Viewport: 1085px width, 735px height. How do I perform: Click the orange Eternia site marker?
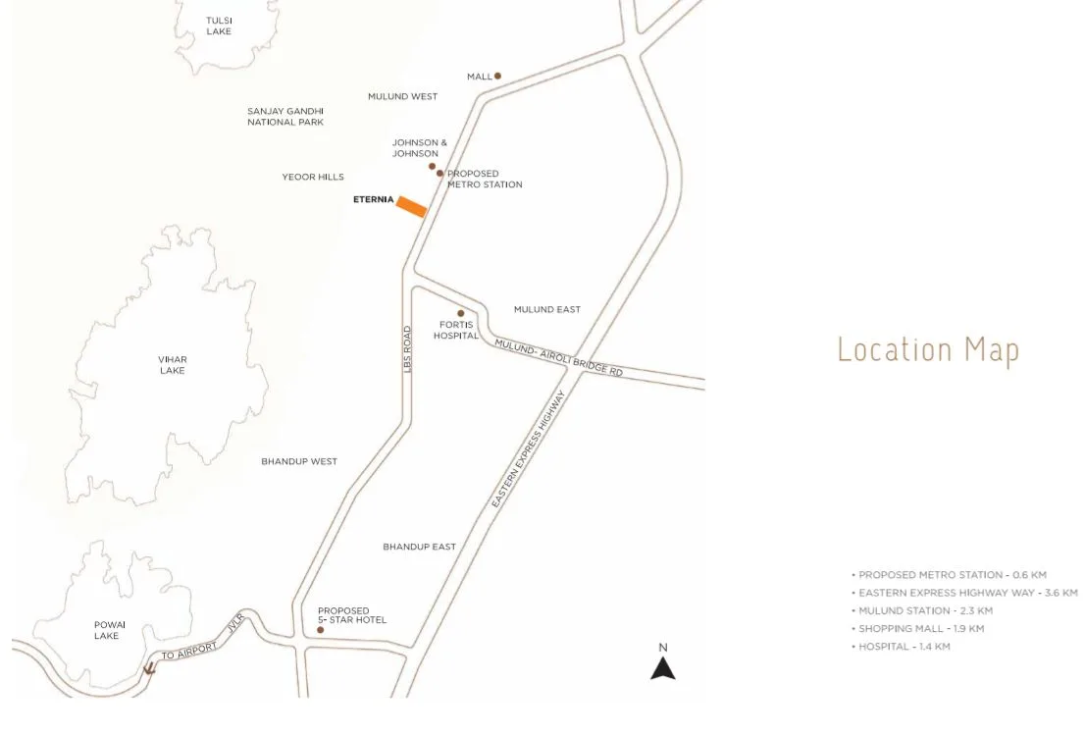(x=411, y=207)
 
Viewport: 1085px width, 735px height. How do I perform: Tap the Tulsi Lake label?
(x=219, y=26)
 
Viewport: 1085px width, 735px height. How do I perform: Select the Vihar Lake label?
(x=173, y=365)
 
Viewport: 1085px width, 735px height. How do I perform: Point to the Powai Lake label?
(x=109, y=630)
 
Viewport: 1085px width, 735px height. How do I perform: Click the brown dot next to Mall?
(x=497, y=76)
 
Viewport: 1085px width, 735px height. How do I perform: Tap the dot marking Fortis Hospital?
(x=460, y=314)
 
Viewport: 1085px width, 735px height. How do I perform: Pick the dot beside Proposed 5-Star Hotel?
(x=320, y=629)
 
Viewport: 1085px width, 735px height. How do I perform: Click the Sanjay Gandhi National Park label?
(x=285, y=117)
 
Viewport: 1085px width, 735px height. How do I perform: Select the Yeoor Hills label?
(x=313, y=177)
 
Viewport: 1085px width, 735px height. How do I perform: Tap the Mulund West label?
(x=402, y=96)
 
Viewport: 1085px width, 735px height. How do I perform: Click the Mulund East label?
(x=546, y=309)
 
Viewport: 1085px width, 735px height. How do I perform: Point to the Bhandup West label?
(x=299, y=461)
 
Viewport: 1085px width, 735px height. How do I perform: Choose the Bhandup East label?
(x=419, y=547)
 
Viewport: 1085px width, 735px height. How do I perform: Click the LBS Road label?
(x=408, y=348)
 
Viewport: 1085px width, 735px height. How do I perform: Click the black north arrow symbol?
(x=663, y=667)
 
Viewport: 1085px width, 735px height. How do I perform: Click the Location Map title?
(x=927, y=350)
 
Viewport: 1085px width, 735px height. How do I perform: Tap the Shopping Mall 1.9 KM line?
(x=921, y=628)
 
